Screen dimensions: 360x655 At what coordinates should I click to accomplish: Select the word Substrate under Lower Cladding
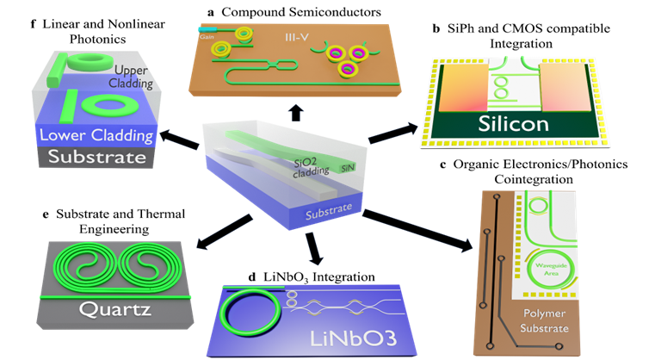point(90,158)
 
